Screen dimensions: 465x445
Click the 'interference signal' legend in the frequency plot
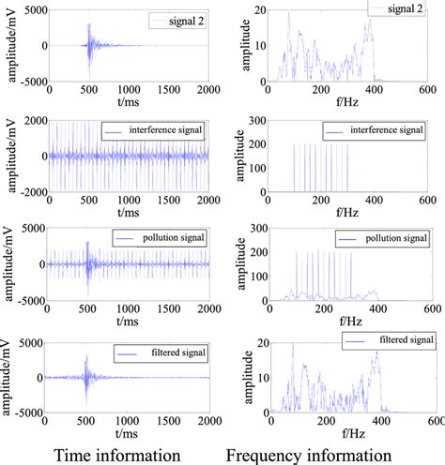click(379, 129)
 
